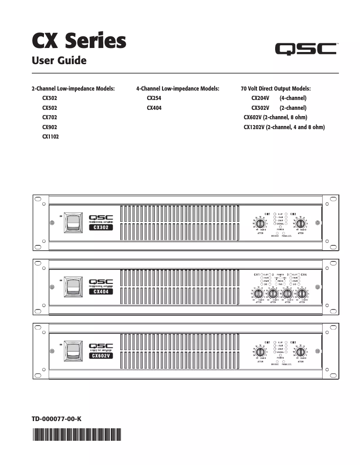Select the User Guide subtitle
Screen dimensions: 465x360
pyautogui.click(x=59, y=61)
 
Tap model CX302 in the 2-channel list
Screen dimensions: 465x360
pyautogui.click(x=50, y=98)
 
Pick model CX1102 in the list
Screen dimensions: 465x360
pyautogui.click(x=51, y=137)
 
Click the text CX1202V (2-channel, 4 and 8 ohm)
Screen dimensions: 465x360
pyautogui.click(x=284, y=127)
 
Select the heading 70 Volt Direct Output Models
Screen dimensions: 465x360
pyautogui.click(x=276, y=88)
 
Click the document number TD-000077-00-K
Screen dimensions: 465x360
pyautogui.click(x=57, y=419)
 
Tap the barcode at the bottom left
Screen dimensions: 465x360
pyautogui.click(x=77, y=435)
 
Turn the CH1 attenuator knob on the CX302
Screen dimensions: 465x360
pyautogui.click(x=261, y=223)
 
